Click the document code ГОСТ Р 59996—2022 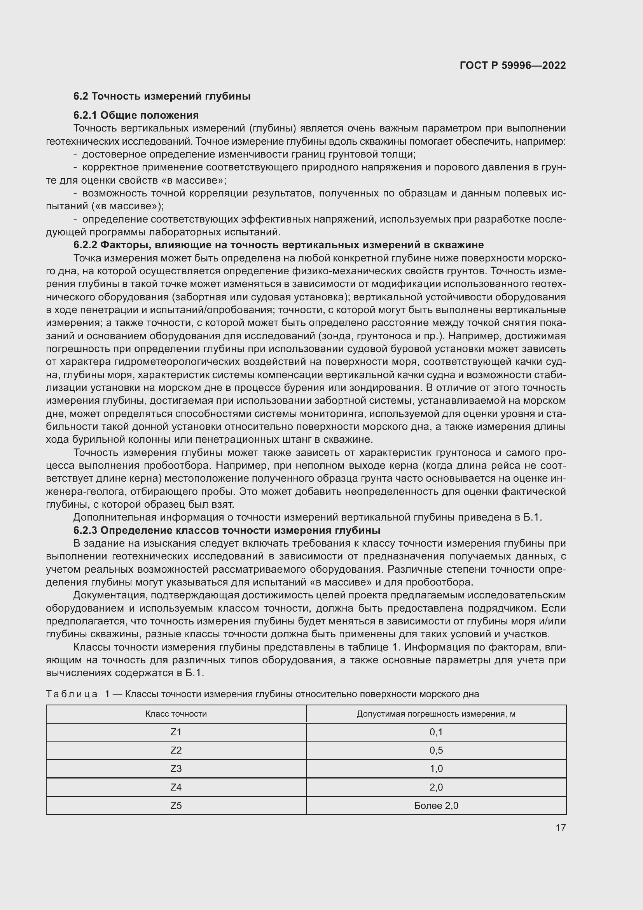point(512,65)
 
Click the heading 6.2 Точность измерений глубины point(162,96)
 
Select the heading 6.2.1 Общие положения point(136,115)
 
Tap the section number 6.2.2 point(85,245)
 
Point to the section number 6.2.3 point(85,530)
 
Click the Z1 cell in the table point(176,732)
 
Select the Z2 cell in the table point(176,750)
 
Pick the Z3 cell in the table point(176,768)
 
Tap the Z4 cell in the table point(176,787)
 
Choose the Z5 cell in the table point(176,805)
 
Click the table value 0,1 point(436,732)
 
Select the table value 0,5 point(436,750)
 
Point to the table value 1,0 point(436,768)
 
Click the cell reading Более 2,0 point(436,805)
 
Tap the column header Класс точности point(176,714)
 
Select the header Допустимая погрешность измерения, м point(436,714)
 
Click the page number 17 point(561,828)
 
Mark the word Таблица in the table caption point(72,694)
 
